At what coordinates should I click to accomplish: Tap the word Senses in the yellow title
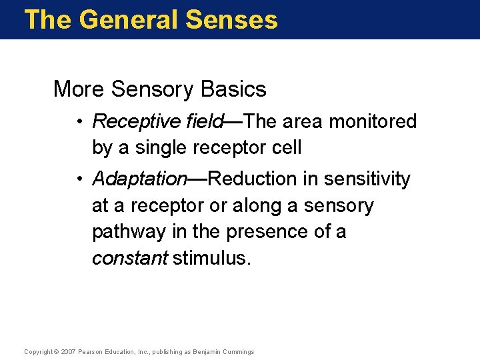click(232, 19)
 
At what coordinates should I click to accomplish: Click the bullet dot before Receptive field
click(79, 122)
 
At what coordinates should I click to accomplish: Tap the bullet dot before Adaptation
click(79, 179)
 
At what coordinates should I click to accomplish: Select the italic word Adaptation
click(140, 179)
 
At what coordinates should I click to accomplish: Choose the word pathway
click(129, 232)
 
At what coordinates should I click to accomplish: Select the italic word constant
click(129, 259)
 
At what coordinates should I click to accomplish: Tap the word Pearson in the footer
click(91, 352)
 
